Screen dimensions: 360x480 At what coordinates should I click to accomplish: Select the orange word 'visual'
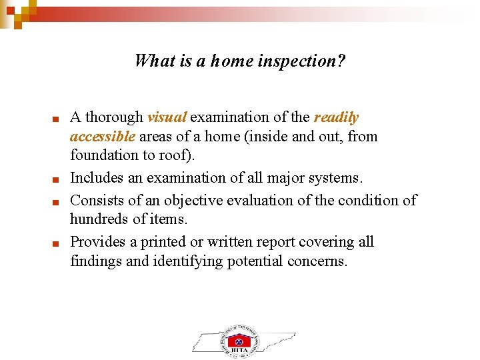coord(167,117)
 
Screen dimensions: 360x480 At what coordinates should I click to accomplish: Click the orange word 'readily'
coord(336,117)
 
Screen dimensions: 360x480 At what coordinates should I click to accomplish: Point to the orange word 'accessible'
coord(103,137)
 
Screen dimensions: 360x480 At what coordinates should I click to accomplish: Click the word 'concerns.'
coord(317,261)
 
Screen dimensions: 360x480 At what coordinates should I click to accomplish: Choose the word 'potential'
coord(256,261)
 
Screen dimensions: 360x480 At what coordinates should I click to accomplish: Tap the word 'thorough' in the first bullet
coord(115,117)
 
